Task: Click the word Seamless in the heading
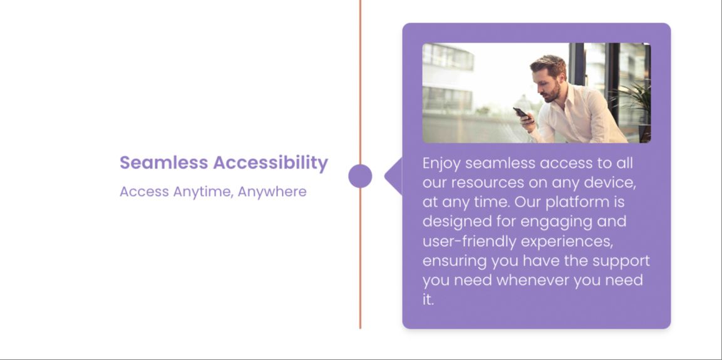164,163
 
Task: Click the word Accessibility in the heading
271,163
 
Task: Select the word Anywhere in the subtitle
272,192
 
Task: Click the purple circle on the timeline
360,176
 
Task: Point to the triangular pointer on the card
393,176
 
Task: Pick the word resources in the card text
488,183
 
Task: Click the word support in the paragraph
621,262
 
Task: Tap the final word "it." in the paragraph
428,300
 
